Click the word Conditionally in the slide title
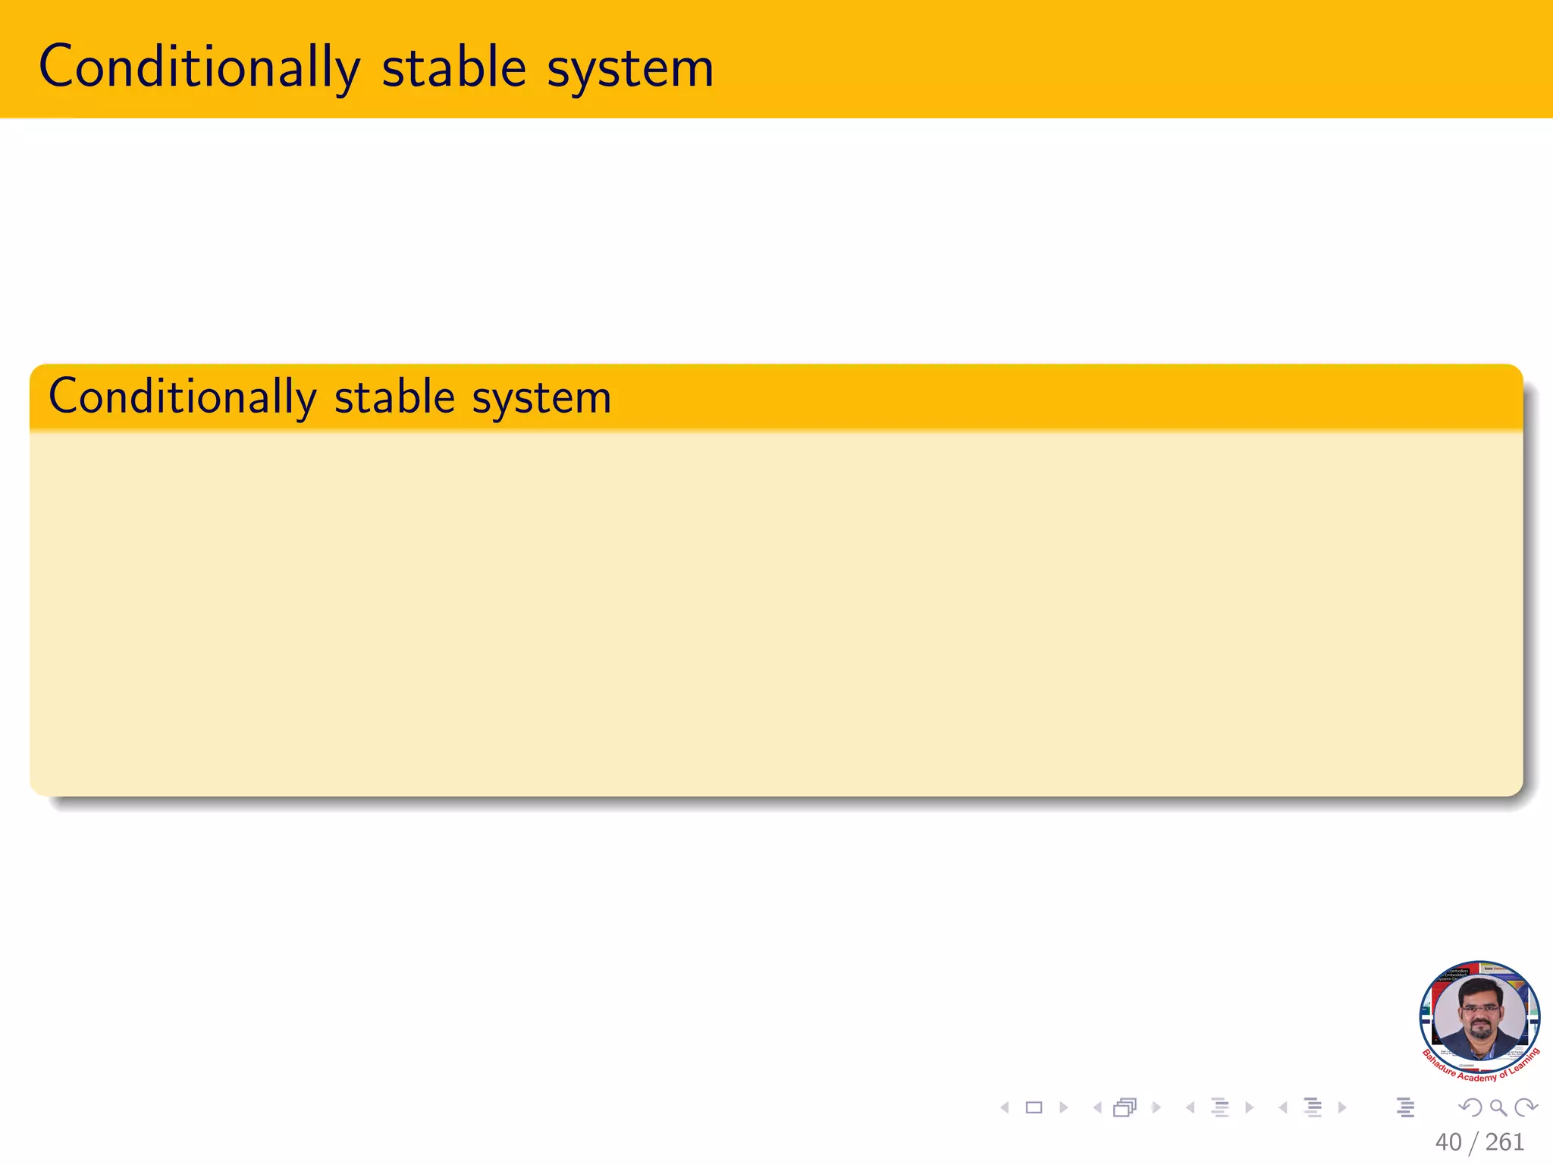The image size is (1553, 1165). tap(199, 68)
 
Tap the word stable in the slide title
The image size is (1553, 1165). tap(453, 68)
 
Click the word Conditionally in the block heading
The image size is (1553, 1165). tap(182, 397)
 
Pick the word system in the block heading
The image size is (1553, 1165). tap(541, 398)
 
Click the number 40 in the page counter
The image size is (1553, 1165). tap(1448, 1142)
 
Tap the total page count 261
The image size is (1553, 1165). tap(1504, 1142)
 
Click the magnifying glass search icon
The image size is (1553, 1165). tap(1498, 1108)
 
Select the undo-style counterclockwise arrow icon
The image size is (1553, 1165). tap(1470, 1108)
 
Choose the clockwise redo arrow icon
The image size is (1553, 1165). tap(1526, 1108)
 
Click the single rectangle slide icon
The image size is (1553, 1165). tap(1034, 1108)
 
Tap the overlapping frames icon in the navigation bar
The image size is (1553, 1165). tap(1125, 1108)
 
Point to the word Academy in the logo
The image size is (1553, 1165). tap(1476, 1077)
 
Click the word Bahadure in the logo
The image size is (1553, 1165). tap(1438, 1064)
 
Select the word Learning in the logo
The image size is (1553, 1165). tap(1524, 1060)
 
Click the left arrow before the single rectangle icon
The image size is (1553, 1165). tap(1005, 1108)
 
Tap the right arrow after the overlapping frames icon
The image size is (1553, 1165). tap(1156, 1108)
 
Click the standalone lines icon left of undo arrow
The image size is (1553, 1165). tap(1405, 1108)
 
